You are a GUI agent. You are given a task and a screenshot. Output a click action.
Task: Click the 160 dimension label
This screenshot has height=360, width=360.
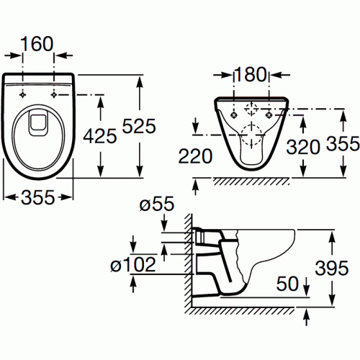pos(37,44)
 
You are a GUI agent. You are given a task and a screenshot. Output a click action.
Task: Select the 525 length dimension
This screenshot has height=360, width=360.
pos(139,126)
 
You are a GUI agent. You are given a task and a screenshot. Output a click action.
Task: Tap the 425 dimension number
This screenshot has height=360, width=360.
pos(100,136)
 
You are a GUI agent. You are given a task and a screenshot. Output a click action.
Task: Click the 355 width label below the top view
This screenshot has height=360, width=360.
pos(38,197)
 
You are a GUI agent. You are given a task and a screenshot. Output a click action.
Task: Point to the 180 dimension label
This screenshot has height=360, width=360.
pos(251,74)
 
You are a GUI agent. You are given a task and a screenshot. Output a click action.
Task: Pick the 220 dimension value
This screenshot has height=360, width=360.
pos(195,156)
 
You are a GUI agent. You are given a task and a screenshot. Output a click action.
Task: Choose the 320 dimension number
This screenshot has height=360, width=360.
pos(303,147)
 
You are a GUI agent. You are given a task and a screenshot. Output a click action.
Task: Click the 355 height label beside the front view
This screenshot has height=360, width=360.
pos(343,143)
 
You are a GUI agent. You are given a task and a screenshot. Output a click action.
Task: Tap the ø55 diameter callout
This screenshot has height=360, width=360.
pos(157,204)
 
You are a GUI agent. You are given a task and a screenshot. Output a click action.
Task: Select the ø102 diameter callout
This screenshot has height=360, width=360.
pos(133,264)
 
